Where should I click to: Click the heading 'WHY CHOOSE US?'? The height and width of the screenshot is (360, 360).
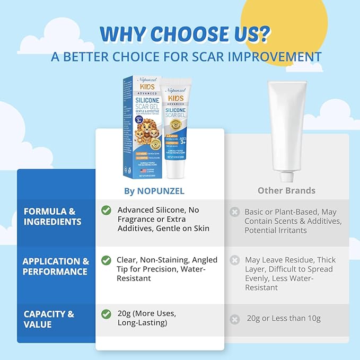pos(185,33)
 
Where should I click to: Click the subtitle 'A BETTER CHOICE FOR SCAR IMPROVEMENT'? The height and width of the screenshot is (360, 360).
pos(186,57)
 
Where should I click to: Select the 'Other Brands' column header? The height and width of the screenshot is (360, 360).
pos(286,190)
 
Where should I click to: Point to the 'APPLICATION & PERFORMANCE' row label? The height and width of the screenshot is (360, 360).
pos(56,266)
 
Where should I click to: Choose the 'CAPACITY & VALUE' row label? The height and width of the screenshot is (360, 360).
pos(49,319)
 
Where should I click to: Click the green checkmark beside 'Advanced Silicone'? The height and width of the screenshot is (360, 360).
pos(107,210)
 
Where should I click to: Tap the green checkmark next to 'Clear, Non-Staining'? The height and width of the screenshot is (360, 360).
pos(107,261)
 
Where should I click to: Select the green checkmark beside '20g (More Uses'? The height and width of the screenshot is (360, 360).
pos(107,313)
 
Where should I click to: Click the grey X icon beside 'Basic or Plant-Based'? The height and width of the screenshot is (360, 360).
pos(234,212)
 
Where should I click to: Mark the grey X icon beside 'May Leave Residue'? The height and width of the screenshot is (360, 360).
pos(234,260)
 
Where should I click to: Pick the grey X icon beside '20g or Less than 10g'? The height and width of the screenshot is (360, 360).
pos(234,319)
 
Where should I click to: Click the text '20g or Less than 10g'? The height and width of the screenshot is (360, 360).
pos(283,319)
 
